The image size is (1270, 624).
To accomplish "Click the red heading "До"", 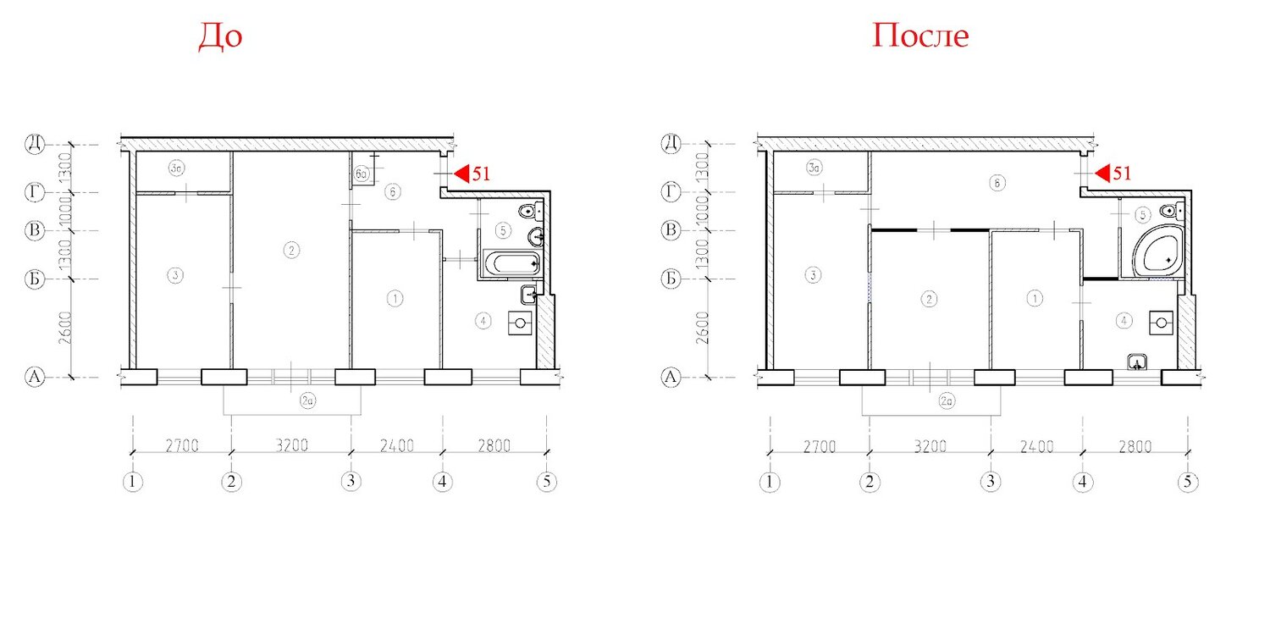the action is (x=220, y=37).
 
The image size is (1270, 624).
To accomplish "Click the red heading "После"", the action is (x=920, y=36).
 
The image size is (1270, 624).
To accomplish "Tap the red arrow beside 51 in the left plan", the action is (x=461, y=174).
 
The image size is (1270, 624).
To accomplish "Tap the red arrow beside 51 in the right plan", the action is (x=1102, y=174).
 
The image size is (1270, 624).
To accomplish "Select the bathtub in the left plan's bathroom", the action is (x=512, y=263).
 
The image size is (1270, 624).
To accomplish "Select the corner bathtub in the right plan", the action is (x=1157, y=251).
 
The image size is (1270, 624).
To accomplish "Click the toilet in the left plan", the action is (x=531, y=212).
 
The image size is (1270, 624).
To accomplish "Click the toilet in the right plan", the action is (x=1172, y=212).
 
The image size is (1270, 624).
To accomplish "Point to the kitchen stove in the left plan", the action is (x=520, y=323).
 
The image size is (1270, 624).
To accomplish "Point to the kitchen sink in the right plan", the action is (x=1137, y=362).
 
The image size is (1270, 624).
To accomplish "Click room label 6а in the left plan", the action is (x=362, y=174).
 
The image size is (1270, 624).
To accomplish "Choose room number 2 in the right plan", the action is (x=929, y=299).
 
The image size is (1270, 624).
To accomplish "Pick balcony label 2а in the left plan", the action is (x=308, y=401).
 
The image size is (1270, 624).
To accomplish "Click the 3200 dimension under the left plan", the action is (x=292, y=445).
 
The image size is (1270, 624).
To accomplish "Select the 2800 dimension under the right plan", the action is (x=1135, y=447).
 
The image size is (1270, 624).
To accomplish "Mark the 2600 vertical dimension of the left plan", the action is (x=66, y=328).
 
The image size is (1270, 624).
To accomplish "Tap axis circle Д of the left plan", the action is (x=35, y=143).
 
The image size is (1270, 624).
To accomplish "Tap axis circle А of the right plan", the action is (x=671, y=377).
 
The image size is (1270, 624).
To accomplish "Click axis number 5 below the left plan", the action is (x=547, y=482).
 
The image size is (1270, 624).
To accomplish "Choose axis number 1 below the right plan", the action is (x=770, y=483).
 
